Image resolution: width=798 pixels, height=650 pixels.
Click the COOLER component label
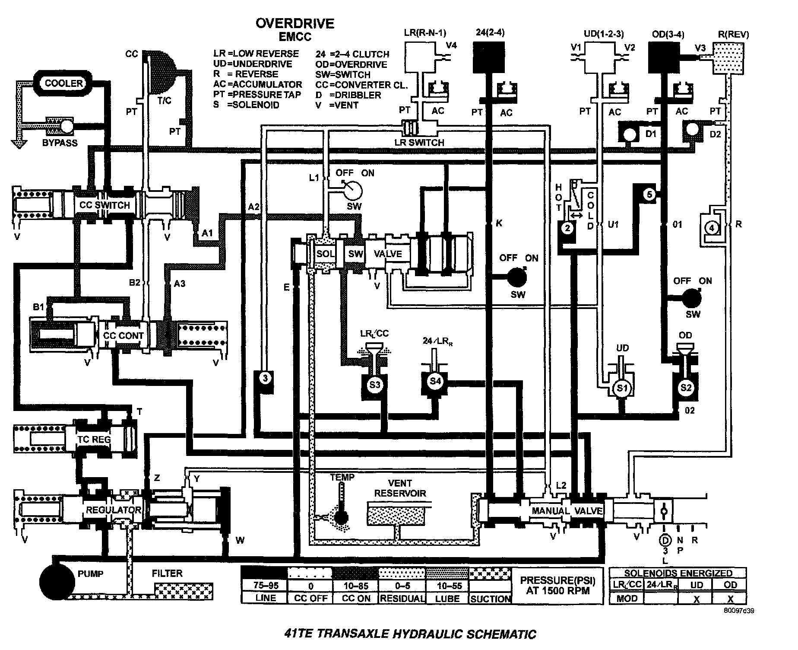click(x=64, y=83)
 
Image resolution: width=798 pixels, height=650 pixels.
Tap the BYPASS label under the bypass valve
click(x=60, y=143)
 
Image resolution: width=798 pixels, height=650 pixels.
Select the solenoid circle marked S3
click(x=374, y=384)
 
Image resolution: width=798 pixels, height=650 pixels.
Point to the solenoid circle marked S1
click(x=622, y=388)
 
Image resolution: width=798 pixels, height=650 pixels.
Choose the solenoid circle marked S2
click(x=686, y=387)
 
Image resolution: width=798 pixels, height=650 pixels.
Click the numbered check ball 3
click(x=265, y=378)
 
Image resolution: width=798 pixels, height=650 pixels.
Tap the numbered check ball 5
click(x=649, y=194)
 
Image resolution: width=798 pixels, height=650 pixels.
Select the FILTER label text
click(x=167, y=574)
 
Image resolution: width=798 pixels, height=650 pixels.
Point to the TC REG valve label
click(x=94, y=440)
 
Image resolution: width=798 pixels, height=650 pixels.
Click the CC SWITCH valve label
click(x=104, y=205)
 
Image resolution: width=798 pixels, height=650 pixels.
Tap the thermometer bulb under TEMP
click(x=341, y=517)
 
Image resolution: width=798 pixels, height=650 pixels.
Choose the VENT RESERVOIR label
click(x=400, y=488)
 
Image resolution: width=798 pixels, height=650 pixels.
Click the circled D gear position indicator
click(x=665, y=540)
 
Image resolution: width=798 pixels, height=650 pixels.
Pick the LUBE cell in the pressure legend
click(x=447, y=599)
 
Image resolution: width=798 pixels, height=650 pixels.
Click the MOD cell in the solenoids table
click(x=626, y=599)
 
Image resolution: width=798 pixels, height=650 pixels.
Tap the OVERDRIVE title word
click(x=295, y=23)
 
